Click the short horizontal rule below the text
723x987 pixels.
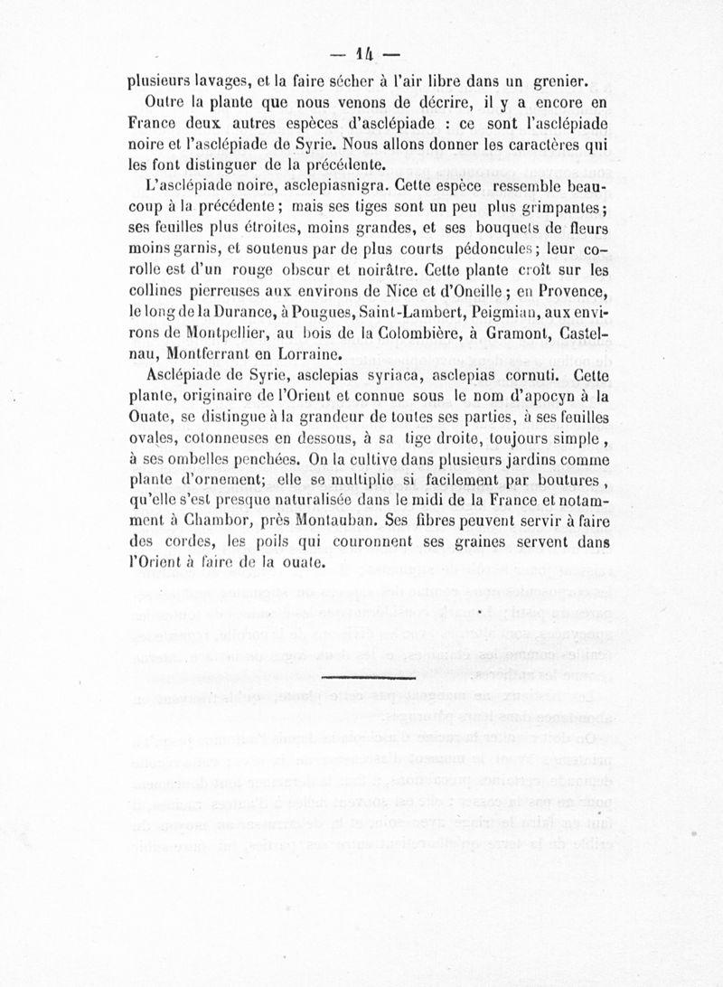368,675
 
